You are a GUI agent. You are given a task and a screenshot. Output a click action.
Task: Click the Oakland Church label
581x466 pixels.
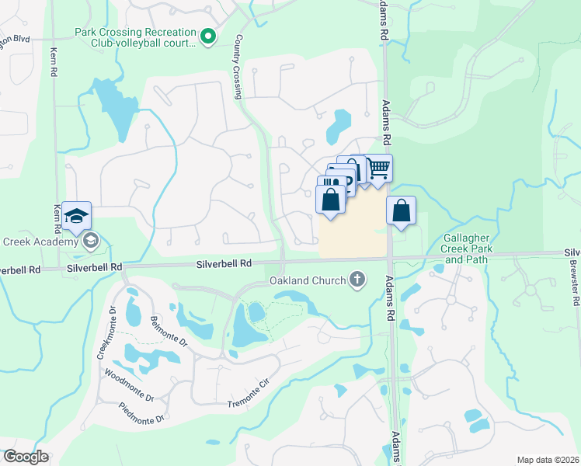[x=306, y=280]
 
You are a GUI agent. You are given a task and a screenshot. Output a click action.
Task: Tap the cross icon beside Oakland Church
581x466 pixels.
[x=357, y=279]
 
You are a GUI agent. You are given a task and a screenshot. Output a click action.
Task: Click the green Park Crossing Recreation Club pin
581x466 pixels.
[x=207, y=37]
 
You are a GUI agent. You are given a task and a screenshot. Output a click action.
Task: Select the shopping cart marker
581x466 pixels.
[x=377, y=169]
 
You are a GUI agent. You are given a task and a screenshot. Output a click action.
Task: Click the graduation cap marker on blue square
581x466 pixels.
[x=77, y=217]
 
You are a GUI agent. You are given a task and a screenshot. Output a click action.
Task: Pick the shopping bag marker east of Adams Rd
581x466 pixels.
[x=401, y=211]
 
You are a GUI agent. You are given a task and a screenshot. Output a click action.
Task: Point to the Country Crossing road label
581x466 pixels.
[x=238, y=67]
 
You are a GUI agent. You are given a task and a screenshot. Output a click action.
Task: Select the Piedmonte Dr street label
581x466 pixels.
[x=142, y=412]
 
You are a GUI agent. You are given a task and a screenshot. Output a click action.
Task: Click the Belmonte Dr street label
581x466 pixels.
[x=169, y=330]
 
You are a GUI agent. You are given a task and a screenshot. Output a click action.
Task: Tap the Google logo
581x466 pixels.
[x=26, y=457]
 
